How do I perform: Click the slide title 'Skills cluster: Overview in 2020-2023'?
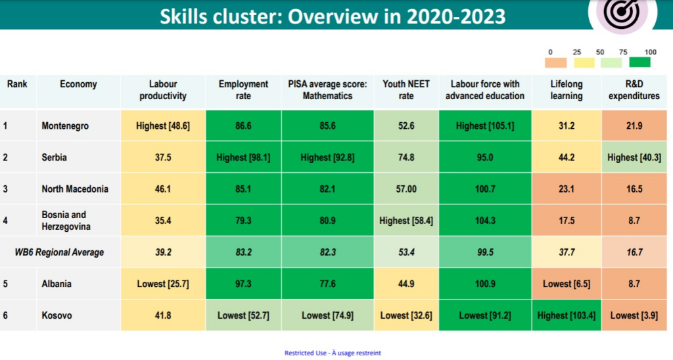(333, 16)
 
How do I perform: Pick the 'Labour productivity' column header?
(163, 90)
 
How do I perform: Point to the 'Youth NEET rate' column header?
(406, 90)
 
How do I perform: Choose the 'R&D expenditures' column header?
(634, 90)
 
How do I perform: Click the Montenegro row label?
(66, 125)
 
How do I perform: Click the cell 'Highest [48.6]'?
(163, 125)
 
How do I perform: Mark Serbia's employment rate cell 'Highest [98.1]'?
(243, 158)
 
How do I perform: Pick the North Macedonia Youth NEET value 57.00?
(406, 189)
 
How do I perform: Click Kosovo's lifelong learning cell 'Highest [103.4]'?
(566, 315)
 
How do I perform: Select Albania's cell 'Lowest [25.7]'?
(163, 284)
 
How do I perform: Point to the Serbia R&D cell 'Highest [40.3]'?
(634, 158)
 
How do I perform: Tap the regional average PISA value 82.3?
(327, 252)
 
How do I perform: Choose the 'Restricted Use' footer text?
(333, 353)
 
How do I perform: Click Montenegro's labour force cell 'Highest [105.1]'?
(485, 125)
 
